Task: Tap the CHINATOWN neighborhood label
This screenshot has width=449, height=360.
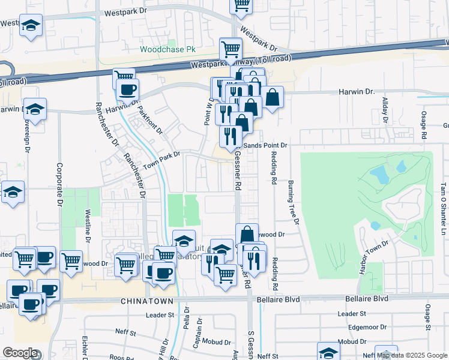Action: [147, 301]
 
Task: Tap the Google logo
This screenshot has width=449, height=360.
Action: [20, 353]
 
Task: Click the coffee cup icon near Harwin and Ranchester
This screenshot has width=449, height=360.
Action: [127, 90]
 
